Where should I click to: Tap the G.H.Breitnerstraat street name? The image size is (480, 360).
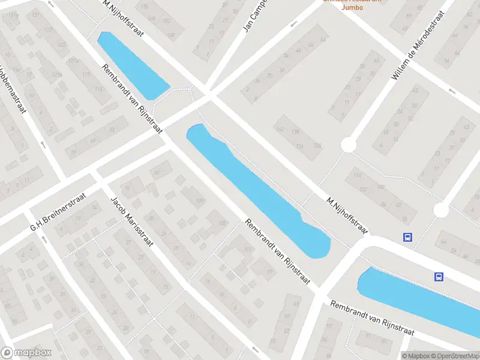[59, 212]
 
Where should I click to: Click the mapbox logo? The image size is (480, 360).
[26, 353]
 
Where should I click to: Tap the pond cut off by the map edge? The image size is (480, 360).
[420, 297]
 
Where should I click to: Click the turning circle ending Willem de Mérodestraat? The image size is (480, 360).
[348, 145]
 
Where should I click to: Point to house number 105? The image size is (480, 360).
[223, 224]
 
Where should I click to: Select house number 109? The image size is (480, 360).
[200, 200]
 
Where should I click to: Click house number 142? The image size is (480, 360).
[280, 129]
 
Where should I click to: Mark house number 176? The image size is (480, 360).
[145, 7]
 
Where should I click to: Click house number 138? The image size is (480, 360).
[295, 131]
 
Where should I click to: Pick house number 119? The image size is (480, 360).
[86, 74]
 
